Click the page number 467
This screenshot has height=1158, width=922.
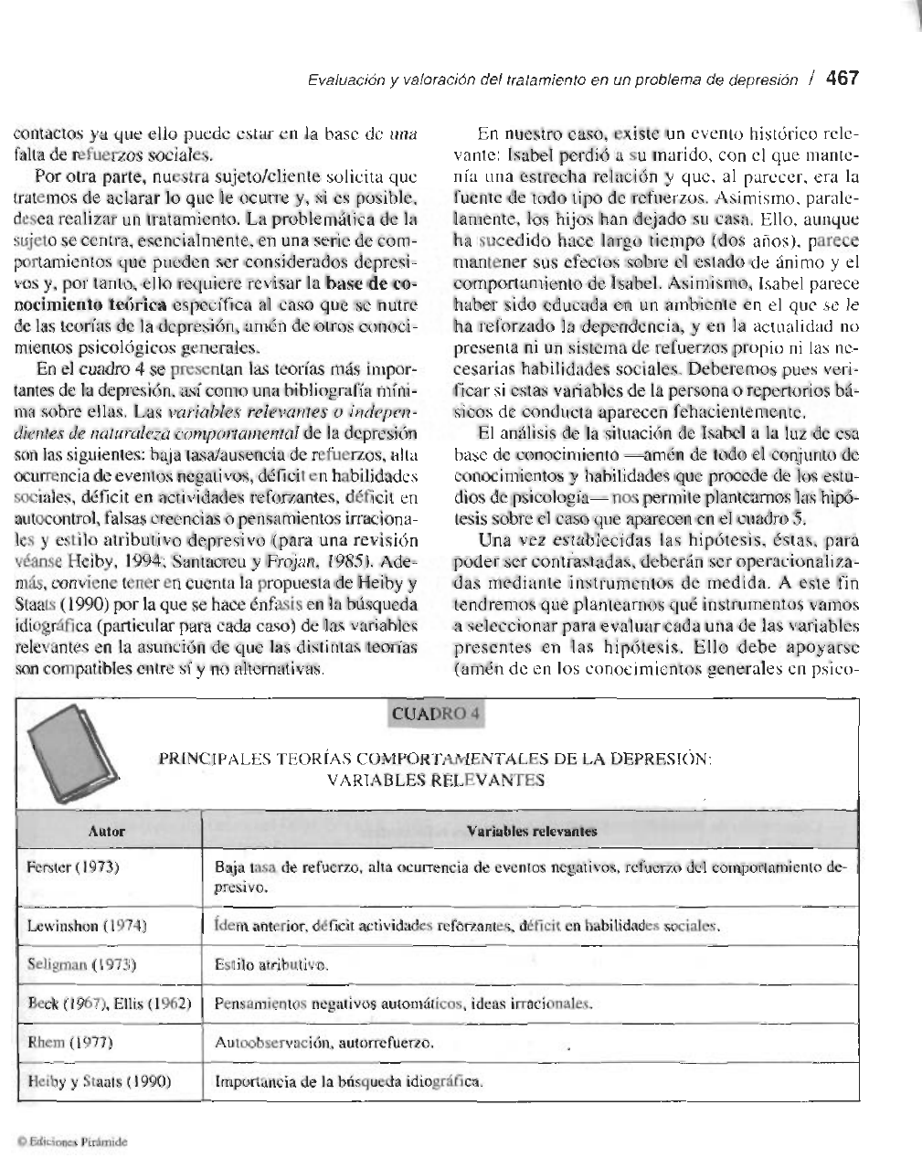(842, 79)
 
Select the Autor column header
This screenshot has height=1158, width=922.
(107, 831)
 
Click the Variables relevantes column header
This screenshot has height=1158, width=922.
(532, 831)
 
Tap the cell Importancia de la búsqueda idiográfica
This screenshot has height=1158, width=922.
(347, 1082)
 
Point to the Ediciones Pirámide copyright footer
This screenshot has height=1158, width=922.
(69, 1142)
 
